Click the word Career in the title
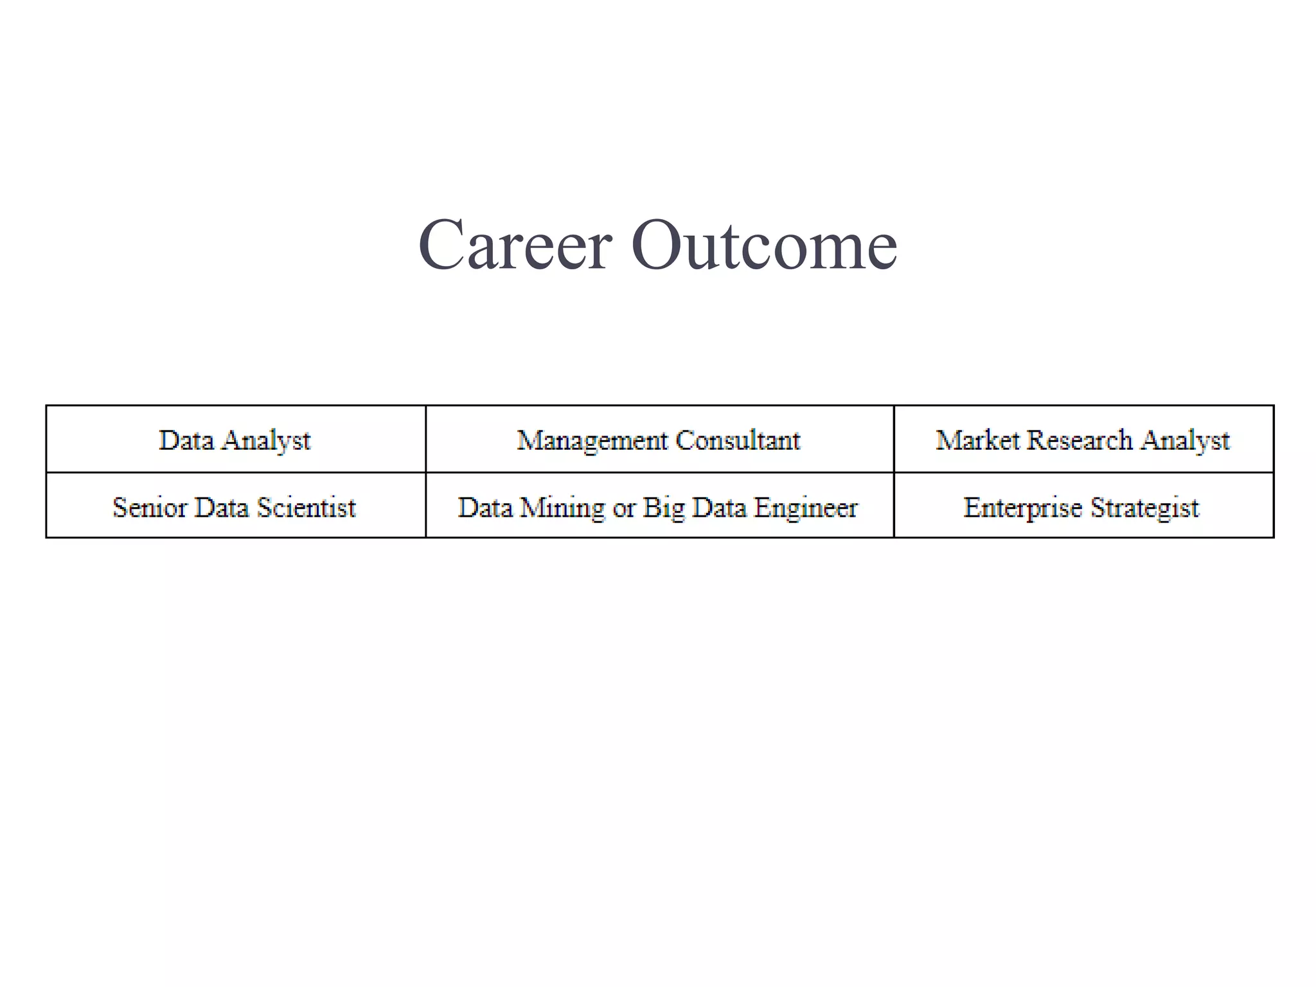(515, 245)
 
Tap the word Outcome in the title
(764, 245)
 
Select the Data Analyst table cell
(235, 440)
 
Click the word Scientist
(307, 508)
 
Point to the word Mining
(562, 508)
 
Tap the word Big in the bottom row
(664, 508)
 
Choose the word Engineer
(806, 508)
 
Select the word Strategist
(1144, 508)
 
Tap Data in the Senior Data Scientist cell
(221, 508)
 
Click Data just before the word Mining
(485, 508)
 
